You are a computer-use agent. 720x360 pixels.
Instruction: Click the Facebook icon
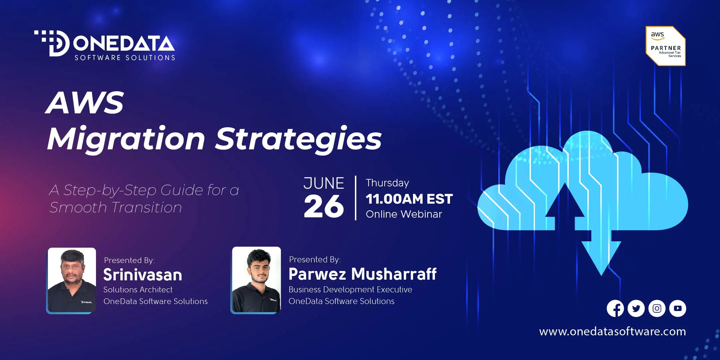point(615,308)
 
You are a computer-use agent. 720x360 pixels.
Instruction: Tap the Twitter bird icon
point(636,308)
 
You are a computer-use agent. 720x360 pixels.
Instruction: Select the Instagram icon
point(657,308)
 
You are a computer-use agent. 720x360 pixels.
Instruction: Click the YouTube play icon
point(678,308)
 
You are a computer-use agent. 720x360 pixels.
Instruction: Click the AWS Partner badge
point(666,46)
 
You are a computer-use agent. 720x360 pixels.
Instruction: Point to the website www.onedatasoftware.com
point(613,331)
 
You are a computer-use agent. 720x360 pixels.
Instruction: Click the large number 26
point(324,206)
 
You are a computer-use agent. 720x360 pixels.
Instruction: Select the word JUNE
point(324,183)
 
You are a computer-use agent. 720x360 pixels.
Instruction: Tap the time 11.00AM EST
point(409,199)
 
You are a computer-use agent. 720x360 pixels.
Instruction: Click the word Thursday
point(387,183)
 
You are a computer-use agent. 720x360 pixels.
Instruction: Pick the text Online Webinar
point(404,214)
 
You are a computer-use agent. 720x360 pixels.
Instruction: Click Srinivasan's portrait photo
point(71,280)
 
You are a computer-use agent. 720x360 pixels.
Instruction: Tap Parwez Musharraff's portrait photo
point(256,280)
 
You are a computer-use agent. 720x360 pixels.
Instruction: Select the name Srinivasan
point(143,275)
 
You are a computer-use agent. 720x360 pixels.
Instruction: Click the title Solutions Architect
point(138,290)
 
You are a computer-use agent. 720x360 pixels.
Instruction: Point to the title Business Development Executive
point(350,289)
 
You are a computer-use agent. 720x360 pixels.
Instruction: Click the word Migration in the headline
point(126,139)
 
